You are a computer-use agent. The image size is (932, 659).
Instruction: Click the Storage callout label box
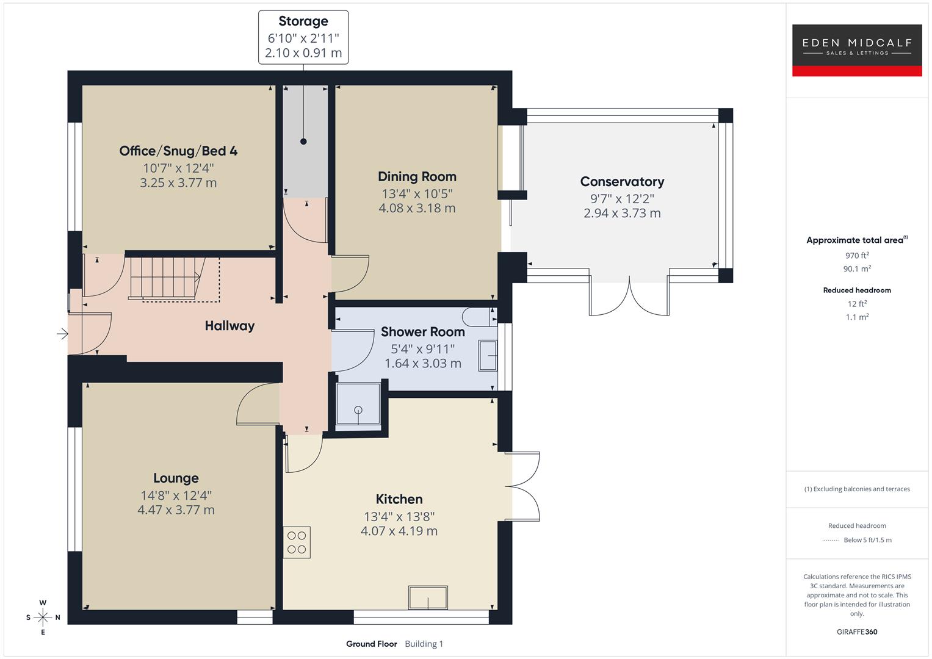click(303, 37)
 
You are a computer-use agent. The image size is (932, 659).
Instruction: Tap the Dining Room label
click(417, 177)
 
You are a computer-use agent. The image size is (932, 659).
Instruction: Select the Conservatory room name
click(622, 182)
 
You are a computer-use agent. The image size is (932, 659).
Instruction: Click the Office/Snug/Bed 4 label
click(178, 151)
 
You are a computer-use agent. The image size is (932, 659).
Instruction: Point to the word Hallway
click(229, 326)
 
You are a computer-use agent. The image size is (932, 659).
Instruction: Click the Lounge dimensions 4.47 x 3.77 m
click(176, 510)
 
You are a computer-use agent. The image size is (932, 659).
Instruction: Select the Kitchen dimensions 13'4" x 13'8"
click(399, 516)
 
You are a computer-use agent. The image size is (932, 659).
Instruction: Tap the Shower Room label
click(422, 332)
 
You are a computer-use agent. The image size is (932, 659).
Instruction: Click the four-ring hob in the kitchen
click(297, 542)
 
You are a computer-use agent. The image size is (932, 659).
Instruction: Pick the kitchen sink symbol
click(428, 597)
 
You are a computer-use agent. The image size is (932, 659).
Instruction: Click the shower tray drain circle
click(358, 409)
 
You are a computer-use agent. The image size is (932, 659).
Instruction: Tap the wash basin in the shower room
click(488, 356)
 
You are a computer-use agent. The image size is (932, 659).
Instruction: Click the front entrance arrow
click(62, 334)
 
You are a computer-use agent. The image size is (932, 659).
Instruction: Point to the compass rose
click(43, 618)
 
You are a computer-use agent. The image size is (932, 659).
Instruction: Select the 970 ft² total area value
click(857, 256)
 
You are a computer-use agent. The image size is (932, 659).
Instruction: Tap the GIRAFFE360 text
click(857, 632)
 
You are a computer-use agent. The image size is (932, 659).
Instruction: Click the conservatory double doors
click(629, 297)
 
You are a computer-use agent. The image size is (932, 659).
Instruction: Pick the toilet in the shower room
click(479, 317)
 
